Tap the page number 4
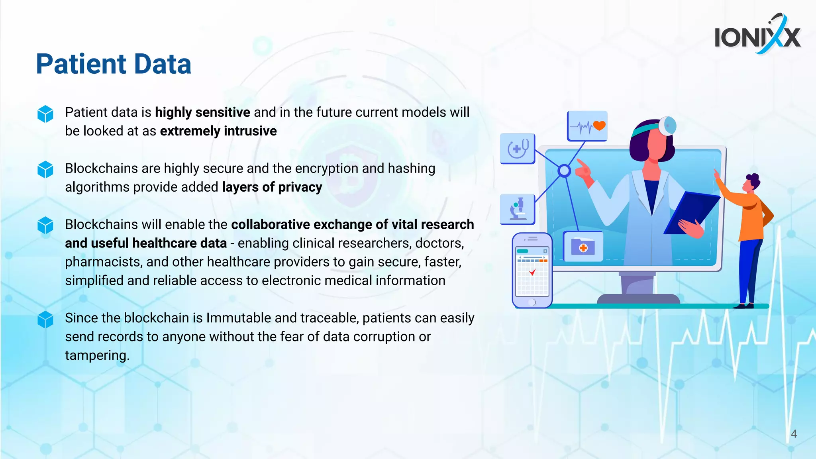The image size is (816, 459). click(x=794, y=434)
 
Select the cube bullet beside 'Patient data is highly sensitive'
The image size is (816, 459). click(x=45, y=114)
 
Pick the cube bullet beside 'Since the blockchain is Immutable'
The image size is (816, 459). click(x=45, y=320)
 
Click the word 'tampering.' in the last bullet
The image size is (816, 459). click(x=97, y=355)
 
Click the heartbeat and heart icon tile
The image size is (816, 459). click(x=587, y=126)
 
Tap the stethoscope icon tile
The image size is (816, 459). click(x=518, y=149)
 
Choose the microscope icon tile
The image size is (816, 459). click(x=518, y=209)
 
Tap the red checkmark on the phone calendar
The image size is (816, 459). click(x=532, y=272)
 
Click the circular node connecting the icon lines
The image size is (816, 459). click(x=564, y=171)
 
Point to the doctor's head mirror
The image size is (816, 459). click(x=667, y=126)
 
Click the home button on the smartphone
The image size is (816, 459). click(x=532, y=302)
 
